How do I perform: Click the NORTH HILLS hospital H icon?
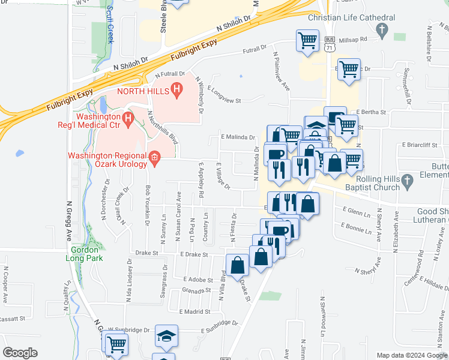click(176, 91)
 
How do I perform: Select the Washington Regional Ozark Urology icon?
click(154, 158)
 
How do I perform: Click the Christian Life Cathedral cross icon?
click(381, 29)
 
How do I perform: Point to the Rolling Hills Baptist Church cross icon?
click(407, 180)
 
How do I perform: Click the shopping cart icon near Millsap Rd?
click(307, 41)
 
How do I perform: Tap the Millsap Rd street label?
click(352, 40)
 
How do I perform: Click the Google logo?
click(20, 353)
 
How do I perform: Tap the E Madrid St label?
click(194, 311)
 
